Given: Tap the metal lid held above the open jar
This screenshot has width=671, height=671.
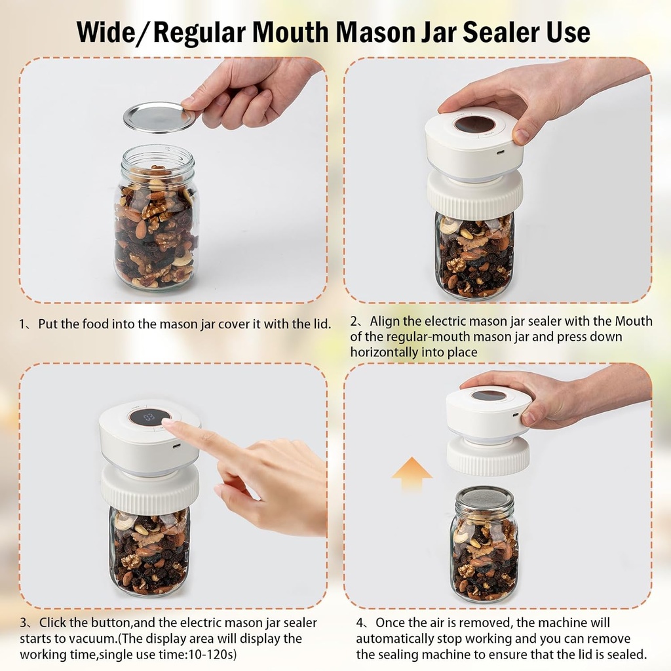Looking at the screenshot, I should point(159,117).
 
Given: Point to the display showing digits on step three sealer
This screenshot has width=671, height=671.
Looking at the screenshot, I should point(149,417).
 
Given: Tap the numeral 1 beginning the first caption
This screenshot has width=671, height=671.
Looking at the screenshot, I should point(22,324).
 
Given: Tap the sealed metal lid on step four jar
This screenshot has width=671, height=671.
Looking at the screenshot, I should point(485,497).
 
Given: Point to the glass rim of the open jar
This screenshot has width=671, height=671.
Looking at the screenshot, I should point(157,155).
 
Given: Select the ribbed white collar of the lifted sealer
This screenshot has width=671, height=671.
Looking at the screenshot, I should point(488,457).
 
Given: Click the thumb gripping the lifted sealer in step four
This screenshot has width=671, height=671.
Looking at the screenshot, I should point(531,415).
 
